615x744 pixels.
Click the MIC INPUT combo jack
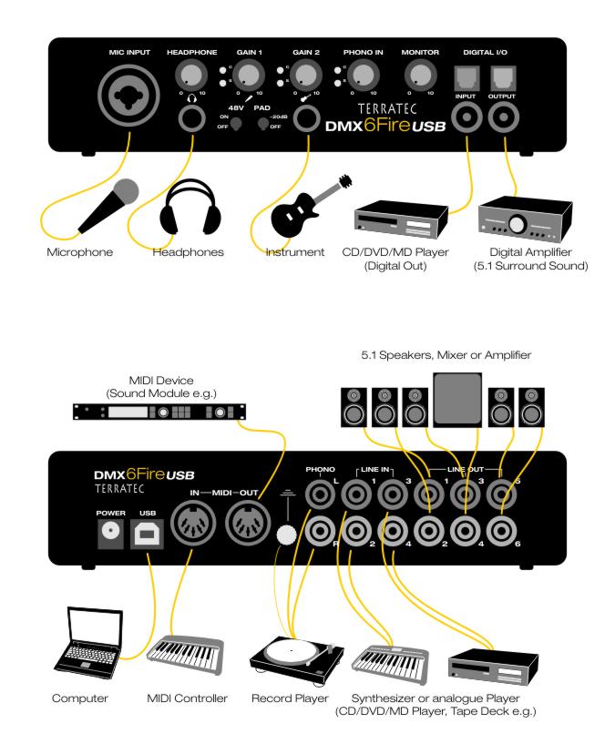tap(128, 96)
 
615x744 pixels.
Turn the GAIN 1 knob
tap(248, 76)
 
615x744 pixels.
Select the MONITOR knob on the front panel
tap(420, 76)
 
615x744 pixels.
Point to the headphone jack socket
tap(191, 118)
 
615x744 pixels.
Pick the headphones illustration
tap(190, 207)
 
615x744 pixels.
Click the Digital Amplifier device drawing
tap(524, 219)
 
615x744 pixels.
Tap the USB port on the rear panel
tap(148, 534)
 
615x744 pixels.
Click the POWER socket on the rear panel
tap(110, 534)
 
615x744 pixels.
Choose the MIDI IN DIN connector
tap(193, 523)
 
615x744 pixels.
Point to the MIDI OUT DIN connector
tap(248, 523)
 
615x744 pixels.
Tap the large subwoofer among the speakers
tap(457, 398)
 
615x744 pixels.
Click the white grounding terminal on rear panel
tap(286, 535)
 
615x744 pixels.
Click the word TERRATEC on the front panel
tap(387, 109)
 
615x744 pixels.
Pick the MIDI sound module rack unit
tap(159, 412)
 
